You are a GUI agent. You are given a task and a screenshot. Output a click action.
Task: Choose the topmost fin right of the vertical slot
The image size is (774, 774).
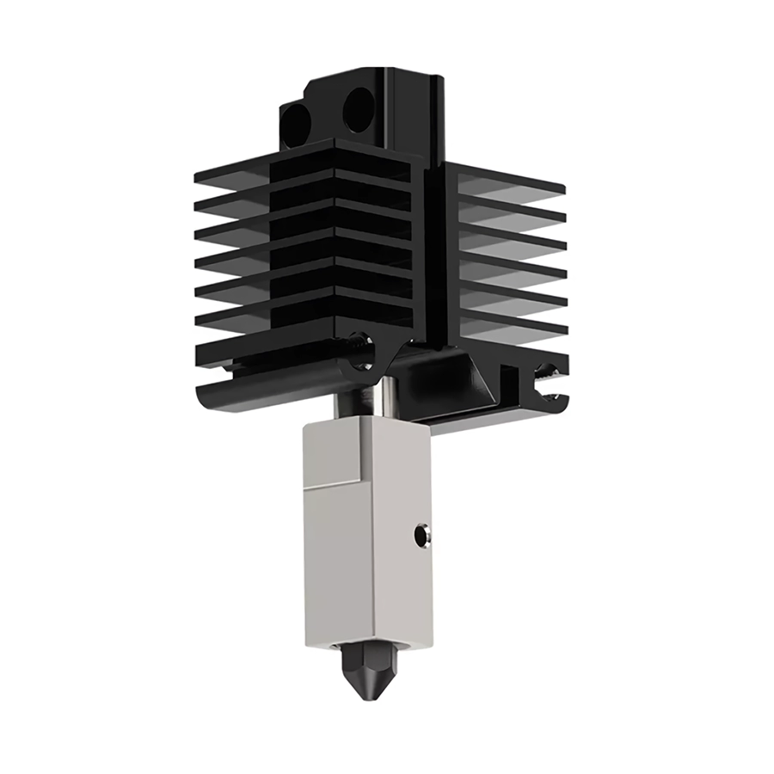pos(507,181)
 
